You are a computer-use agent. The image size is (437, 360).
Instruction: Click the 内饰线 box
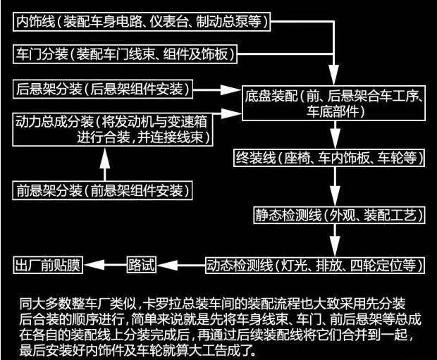point(142,21)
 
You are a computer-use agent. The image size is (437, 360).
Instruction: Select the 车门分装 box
point(128,54)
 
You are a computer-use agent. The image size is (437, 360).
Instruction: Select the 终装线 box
point(331,156)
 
